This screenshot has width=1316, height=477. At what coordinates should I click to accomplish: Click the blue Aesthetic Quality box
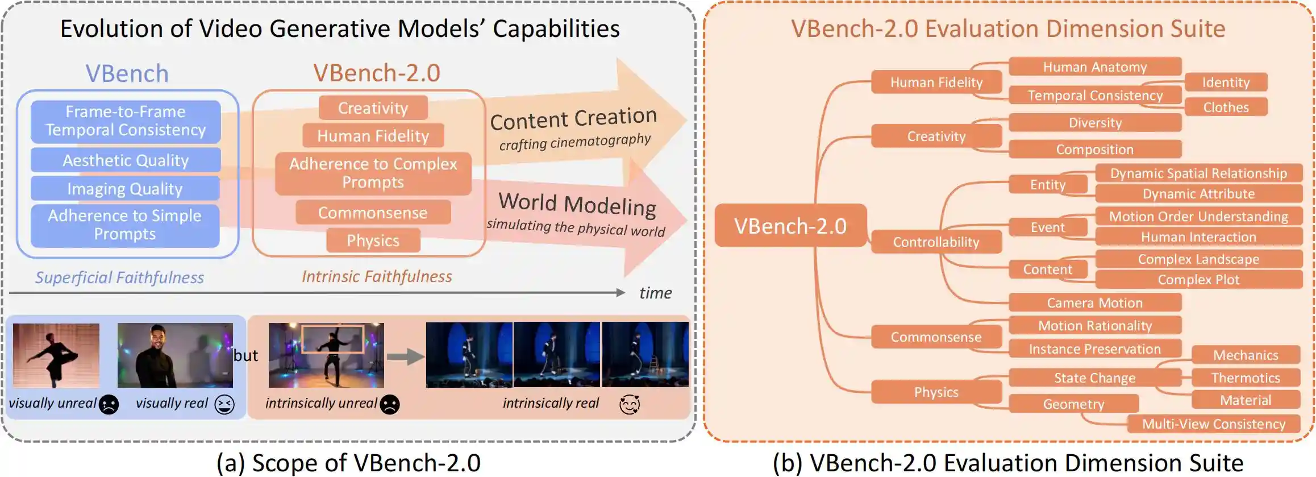(126, 160)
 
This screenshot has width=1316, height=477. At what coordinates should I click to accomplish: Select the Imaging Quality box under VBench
(125, 189)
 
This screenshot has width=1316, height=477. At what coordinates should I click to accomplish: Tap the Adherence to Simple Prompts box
(125, 225)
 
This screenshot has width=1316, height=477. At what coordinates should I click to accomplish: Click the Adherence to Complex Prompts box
(373, 173)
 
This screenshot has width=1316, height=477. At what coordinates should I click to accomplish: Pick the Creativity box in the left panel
(373, 108)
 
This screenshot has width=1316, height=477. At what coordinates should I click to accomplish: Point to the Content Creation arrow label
(573, 119)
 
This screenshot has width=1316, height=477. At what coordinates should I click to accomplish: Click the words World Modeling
(577, 204)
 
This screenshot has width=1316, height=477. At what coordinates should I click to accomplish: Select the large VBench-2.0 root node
(790, 226)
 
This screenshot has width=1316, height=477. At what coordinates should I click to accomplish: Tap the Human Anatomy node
(1095, 67)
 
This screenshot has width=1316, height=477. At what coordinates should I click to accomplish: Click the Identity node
(1226, 82)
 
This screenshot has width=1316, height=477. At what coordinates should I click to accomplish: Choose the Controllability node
(936, 242)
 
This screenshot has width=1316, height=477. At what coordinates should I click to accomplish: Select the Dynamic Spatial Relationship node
(1198, 173)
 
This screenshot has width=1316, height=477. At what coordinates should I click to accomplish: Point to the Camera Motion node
(1094, 303)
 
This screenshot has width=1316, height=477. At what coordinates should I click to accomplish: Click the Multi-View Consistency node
(1214, 424)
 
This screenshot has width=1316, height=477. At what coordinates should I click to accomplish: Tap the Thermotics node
(1246, 378)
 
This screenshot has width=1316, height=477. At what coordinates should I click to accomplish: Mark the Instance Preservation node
(1094, 349)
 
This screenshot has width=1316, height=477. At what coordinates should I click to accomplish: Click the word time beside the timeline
(655, 293)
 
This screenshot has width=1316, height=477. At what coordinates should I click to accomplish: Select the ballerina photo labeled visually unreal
(56, 355)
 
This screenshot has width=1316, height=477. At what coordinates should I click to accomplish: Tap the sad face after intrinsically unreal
(390, 404)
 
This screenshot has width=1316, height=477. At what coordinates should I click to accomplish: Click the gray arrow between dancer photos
(405, 356)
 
